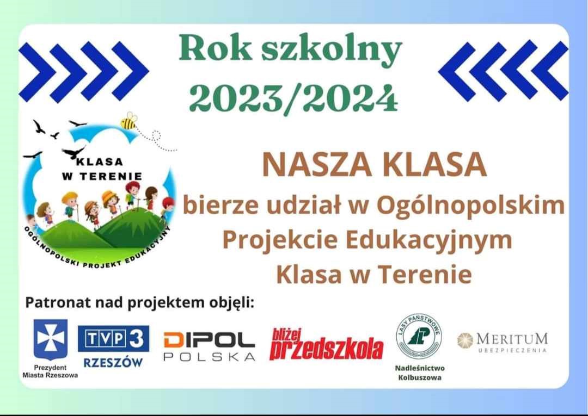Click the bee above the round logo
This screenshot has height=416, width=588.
(128, 121)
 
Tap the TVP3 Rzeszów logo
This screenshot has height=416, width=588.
(113, 346)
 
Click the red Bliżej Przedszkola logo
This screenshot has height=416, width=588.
(326, 344)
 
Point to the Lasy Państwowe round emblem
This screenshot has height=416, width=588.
(419, 336)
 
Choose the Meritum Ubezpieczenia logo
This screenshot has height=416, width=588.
(503, 342)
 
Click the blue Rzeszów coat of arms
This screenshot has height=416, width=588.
(50, 339)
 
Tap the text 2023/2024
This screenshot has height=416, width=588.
(293, 97)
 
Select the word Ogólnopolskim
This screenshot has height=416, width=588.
(470, 206)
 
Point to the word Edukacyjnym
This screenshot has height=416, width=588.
(428, 240)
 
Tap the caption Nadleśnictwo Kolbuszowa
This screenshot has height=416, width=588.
(420, 373)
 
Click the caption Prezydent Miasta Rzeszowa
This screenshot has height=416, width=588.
(50, 371)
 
